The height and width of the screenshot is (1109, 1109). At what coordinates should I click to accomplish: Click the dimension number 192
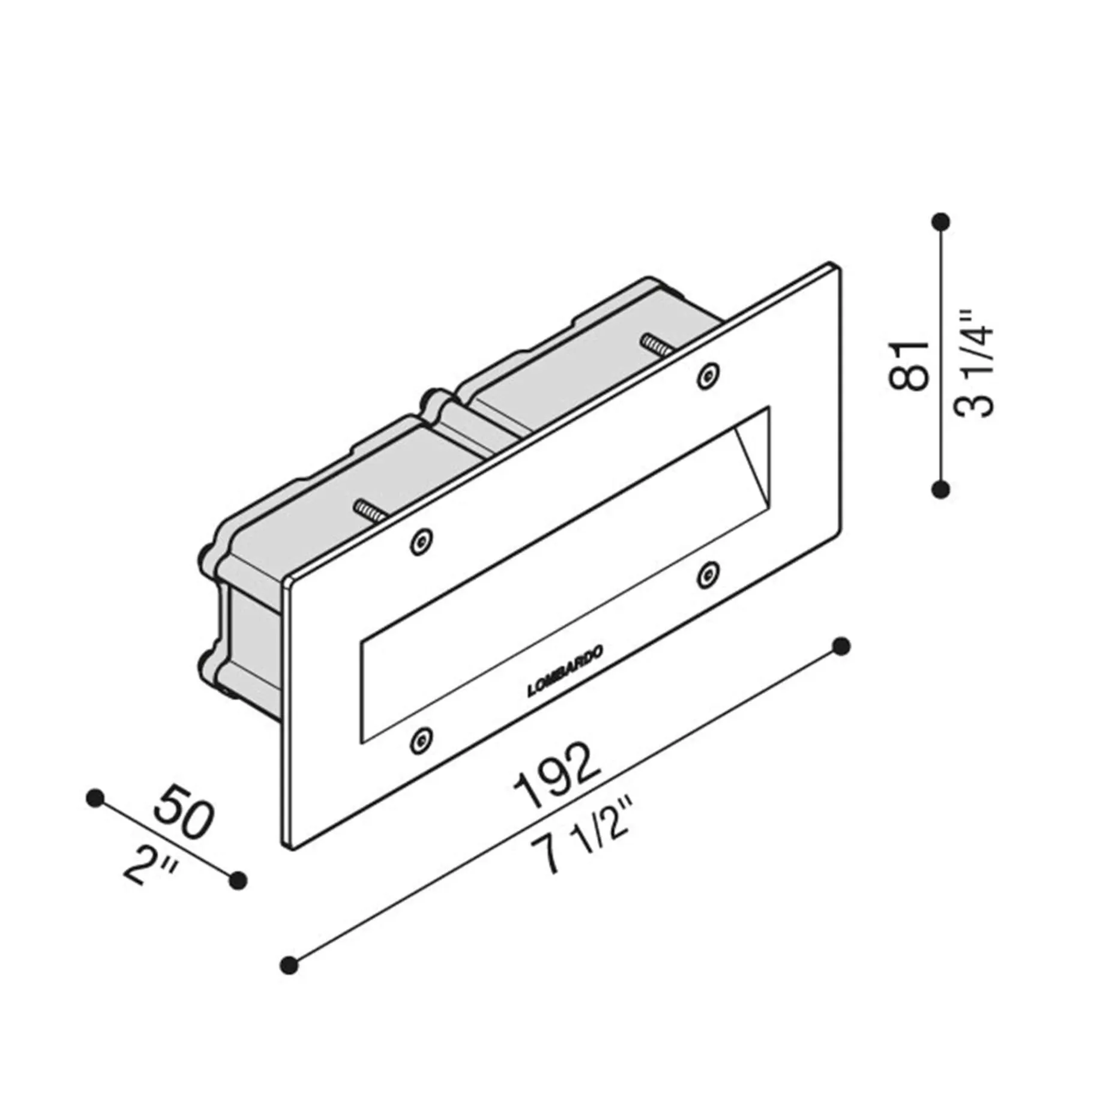pos(558,775)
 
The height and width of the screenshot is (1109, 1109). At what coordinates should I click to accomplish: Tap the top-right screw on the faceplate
pos(708,376)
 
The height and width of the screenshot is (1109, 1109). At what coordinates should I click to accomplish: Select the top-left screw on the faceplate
pos(421,541)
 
